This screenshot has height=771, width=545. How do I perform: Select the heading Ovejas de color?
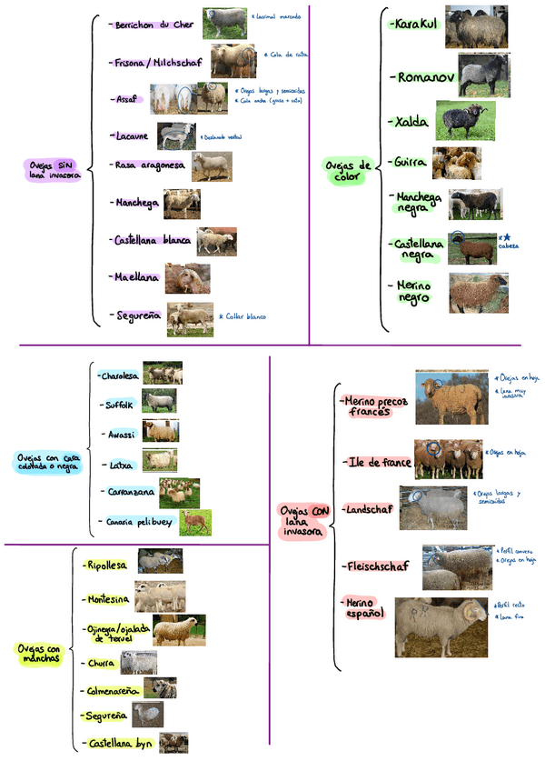coord(348,171)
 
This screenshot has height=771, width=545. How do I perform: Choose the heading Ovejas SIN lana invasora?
coord(54,170)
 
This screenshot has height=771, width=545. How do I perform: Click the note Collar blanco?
coord(245,316)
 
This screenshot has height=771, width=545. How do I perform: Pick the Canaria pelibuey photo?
coord(195,521)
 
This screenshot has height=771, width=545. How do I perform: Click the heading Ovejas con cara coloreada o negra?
coord(47,462)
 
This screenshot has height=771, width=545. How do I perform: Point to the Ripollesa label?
coord(107,565)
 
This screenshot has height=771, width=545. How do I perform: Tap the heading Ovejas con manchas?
coord(38,653)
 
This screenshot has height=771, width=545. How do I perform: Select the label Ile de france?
coord(380,463)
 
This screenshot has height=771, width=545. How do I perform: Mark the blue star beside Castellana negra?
coord(507,237)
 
